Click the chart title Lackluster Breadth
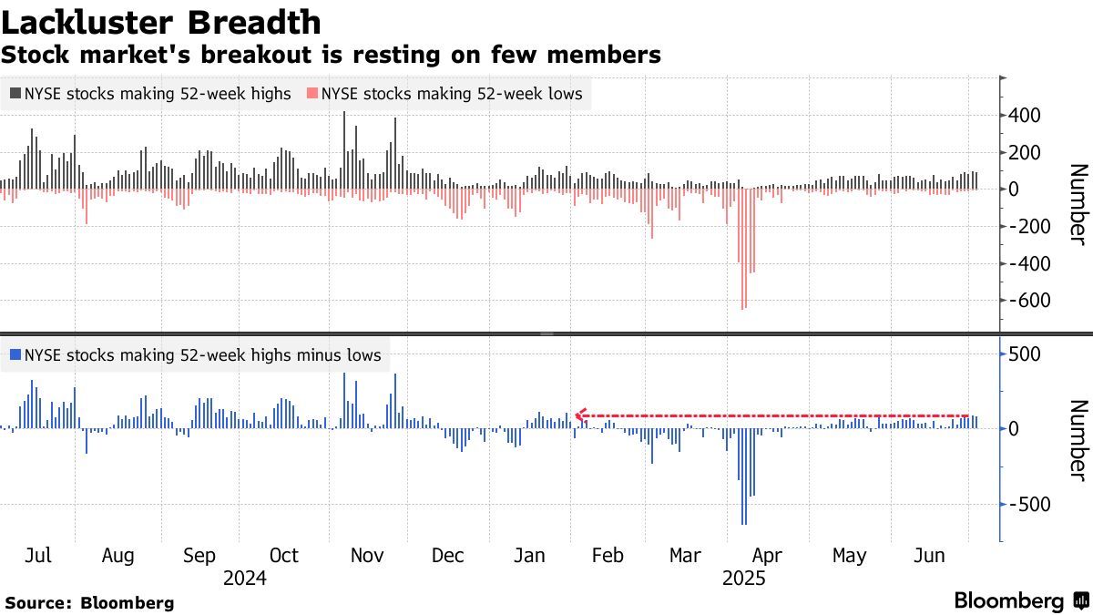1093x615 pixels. coord(161,22)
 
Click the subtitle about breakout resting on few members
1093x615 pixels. coord(331,55)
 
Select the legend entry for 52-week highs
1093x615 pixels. coord(150,93)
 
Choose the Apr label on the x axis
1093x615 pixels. coord(767,556)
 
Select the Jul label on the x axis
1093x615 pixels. coord(38,556)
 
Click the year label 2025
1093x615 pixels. coord(743,579)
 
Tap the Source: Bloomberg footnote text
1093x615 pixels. coord(89,602)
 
